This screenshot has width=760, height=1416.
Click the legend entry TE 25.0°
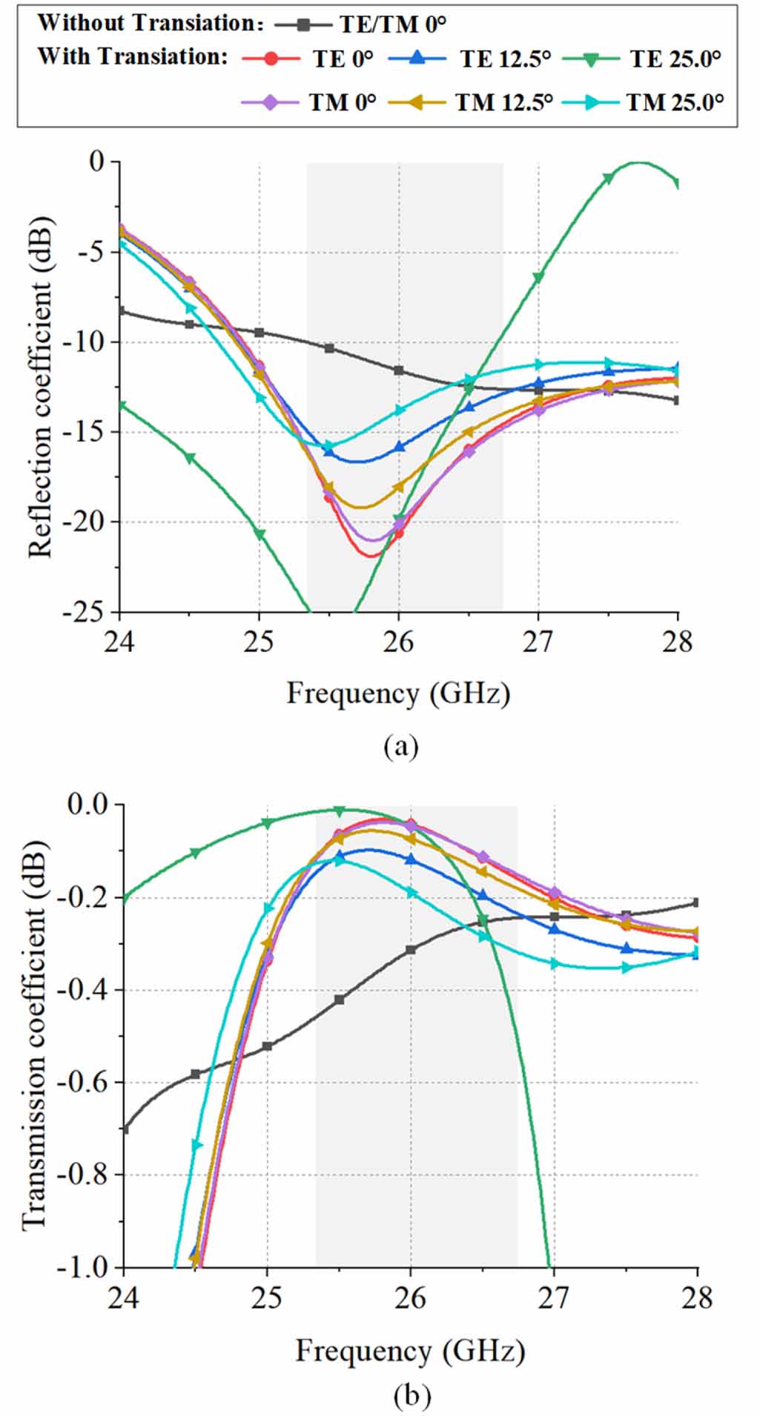pyautogui.click(x=675, y=59)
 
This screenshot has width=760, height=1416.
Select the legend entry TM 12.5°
pyautogui.click(x=504, y=102)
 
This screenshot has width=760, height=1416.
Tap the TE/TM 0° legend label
pyautogui.click(x=393, y=24)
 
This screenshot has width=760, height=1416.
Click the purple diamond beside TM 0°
pyautogui.click(x=271, y=102)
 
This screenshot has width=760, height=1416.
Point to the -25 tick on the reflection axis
pyautogui.click(x=86, y=613)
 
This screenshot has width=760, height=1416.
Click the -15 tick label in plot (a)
pyautogui.click(x=86, y=432)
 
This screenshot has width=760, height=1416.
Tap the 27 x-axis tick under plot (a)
pyautogui.click(x=538, y=641)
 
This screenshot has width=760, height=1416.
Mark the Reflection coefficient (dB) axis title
pyautogui.click(x=41, y=387)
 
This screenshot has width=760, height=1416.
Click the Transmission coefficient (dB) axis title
pyautogui.click(x=33, y=1037)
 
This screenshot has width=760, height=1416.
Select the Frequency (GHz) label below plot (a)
pyautogui.click(x=398, y=694)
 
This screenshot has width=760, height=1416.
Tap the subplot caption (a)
pyautogui.click(x=400, y=745)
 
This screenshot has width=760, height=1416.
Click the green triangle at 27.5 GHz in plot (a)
pyautogui.click(x=608, y=178)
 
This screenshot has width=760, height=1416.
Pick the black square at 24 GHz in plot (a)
pyautogui.click(x=120, y=311)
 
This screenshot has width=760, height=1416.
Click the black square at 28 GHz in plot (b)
pyautogui.click(x=695, y=903)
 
